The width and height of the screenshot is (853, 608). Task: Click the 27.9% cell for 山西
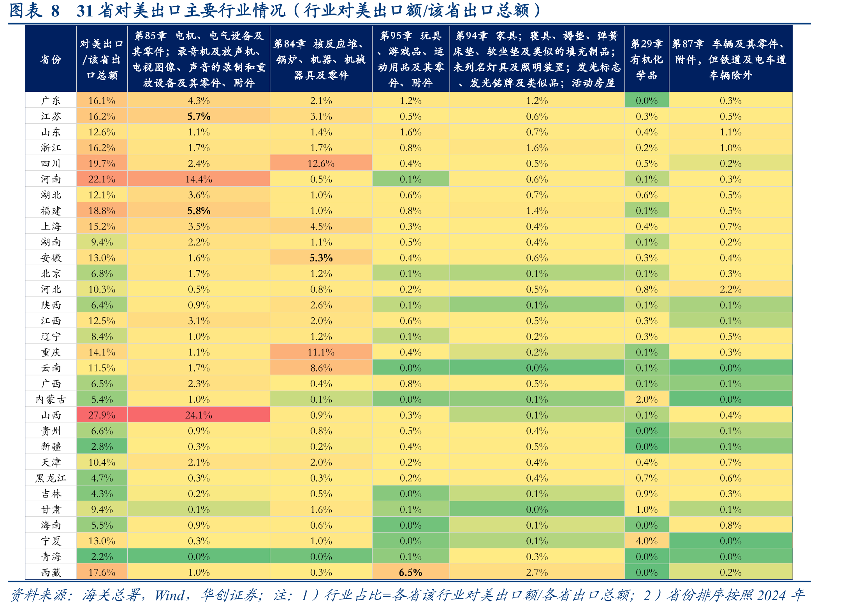click(x=102, y=415)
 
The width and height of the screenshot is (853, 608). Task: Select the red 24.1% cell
click(x=199, y=415)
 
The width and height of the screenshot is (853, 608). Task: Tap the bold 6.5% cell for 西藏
click(x=411, y=572)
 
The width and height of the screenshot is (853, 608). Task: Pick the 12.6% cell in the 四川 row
click(x=321, y=163)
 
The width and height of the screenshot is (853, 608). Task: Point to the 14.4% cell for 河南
click(x=199, y=179)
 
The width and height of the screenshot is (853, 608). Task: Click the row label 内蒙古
click(x=51, y=399)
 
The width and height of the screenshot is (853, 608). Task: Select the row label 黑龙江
click(x=51, y=478)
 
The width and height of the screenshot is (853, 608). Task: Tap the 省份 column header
click(x=51, y=59)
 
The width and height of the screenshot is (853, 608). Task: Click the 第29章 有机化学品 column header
click(x=647, y=59)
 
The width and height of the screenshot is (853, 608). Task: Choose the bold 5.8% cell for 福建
click(x=199, y=211)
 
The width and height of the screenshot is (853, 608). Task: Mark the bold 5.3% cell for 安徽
click(x=321, y=258)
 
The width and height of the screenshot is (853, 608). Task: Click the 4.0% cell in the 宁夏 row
click(x=647, y=541)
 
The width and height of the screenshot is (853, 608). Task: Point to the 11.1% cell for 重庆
click(x=321, y=352)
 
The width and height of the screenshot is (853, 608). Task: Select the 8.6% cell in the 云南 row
click(x=321, y=368)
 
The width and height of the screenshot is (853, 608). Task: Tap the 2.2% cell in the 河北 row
click(x=731, y=289)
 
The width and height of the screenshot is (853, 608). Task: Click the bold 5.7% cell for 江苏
click(x=199, y=116)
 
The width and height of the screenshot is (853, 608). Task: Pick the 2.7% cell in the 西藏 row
click(x=537, y=572)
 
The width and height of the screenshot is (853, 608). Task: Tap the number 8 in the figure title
click(x=55, y=11)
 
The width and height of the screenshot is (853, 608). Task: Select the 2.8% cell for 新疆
click(x=102, y=447)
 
